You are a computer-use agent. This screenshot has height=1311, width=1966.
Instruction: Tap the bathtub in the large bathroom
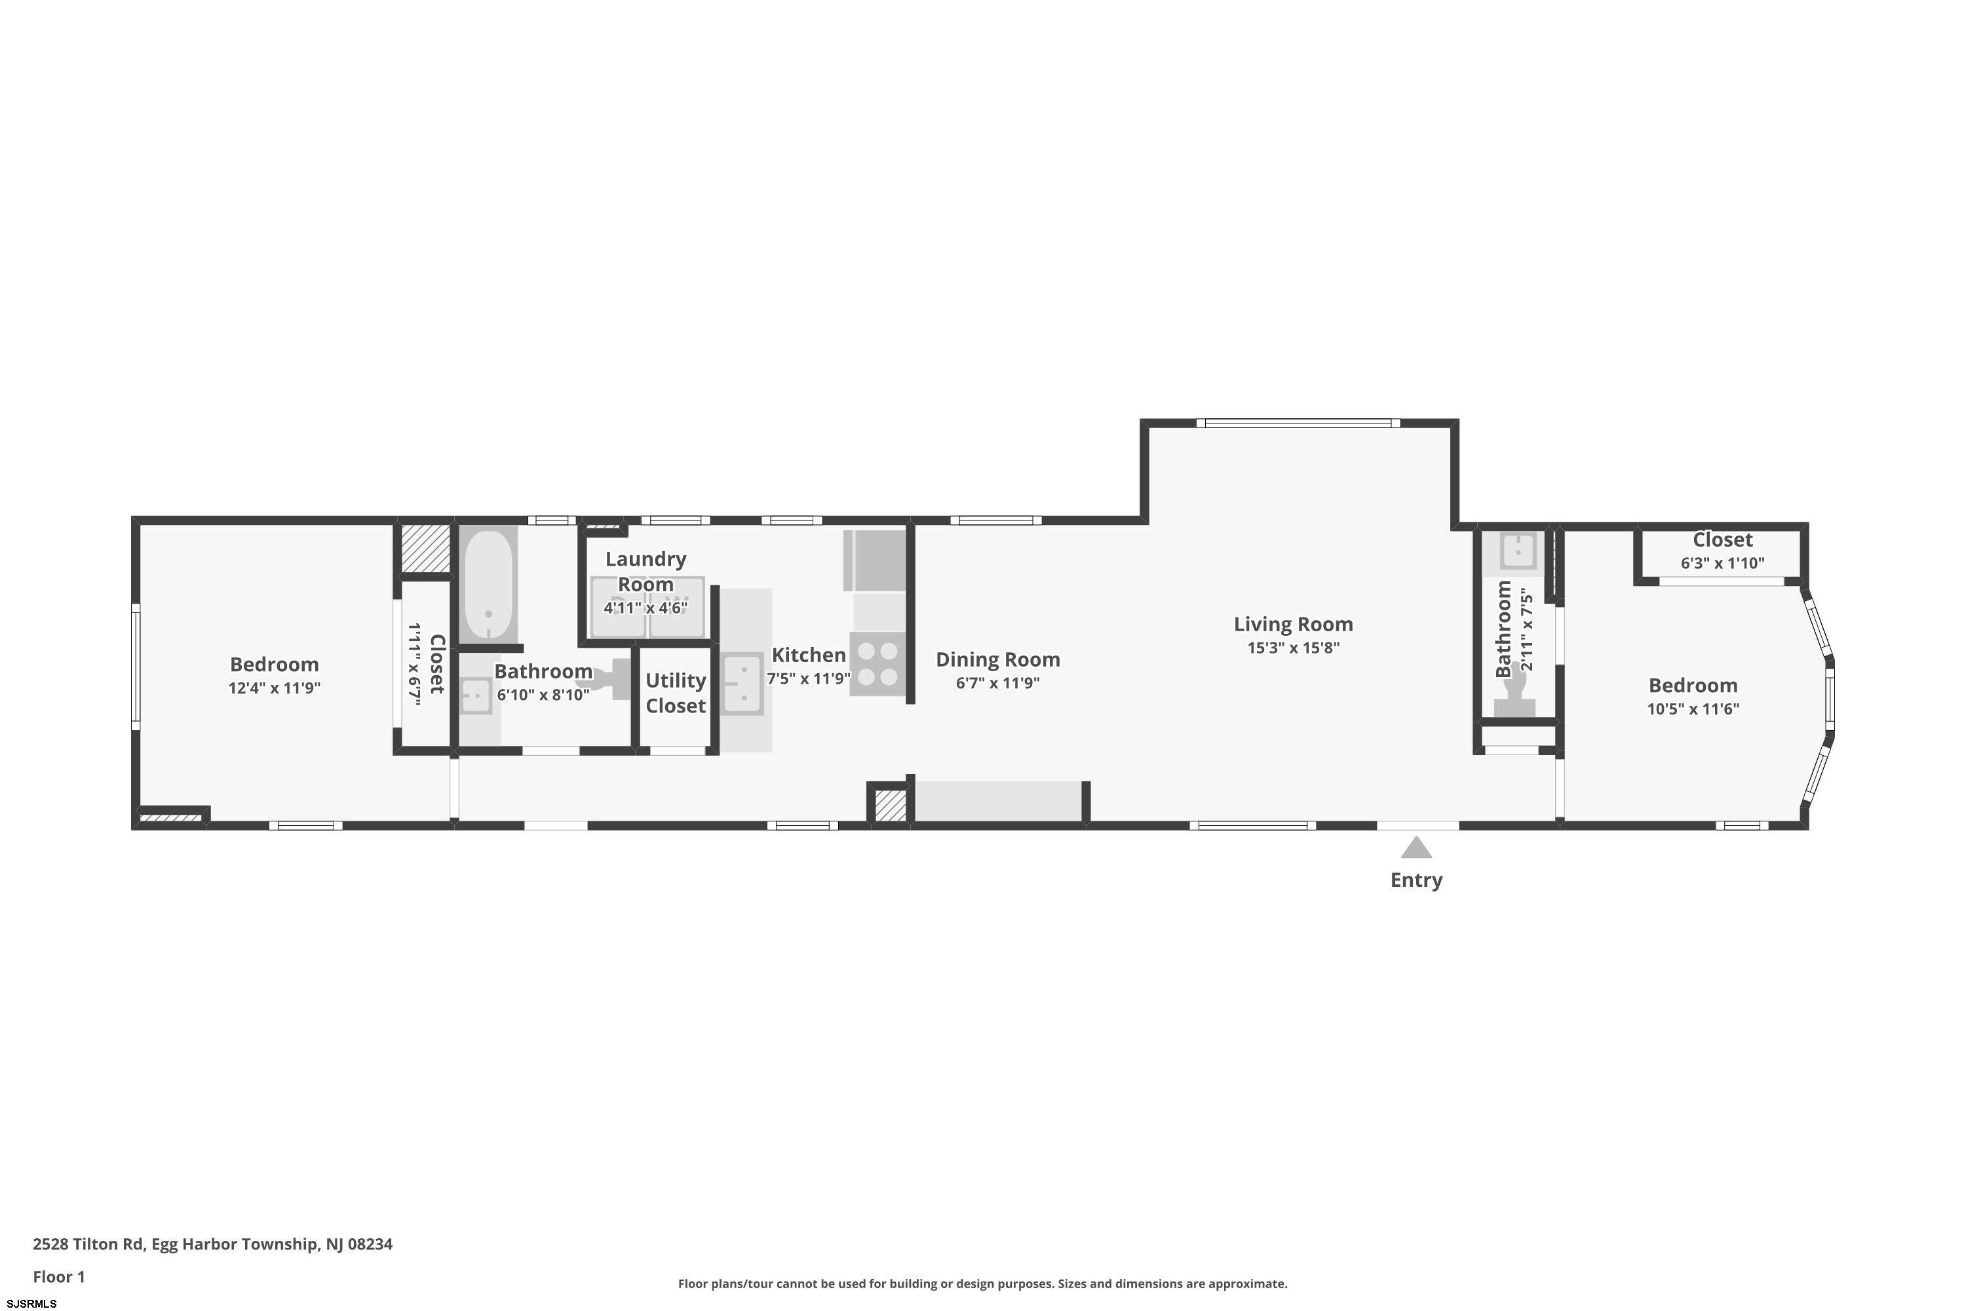click(x=488, y=585)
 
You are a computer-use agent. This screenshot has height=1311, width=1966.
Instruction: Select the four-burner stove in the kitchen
click(x=877, y=664)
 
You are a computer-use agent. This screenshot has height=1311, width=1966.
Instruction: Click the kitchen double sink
click(x=742, y=684)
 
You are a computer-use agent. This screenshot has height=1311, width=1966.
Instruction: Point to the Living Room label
click(x=1293, y=624)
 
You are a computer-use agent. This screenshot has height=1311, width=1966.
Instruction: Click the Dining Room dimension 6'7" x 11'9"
click(x=997, y=683)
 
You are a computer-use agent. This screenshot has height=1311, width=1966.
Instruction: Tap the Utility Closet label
click(x=676, y=693)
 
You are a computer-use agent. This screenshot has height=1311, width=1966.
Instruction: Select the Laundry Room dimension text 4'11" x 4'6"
click(x=646, y=608)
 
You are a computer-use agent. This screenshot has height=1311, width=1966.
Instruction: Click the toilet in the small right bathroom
click(x=1514, y=691)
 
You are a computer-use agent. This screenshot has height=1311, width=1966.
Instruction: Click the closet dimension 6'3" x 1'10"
click(x=1723, y=562)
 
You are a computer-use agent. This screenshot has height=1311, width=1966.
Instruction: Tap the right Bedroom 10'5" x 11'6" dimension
click(x=1693, y=709)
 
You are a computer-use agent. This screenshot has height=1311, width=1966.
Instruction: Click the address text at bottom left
click(x=212, y=1243)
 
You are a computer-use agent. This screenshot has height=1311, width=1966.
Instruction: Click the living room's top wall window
click(x=1298, y=423)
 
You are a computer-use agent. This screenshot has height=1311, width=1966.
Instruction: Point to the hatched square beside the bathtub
click(x=425, y=549)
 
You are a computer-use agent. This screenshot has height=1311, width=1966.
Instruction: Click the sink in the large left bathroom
click(x=476, y=695)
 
